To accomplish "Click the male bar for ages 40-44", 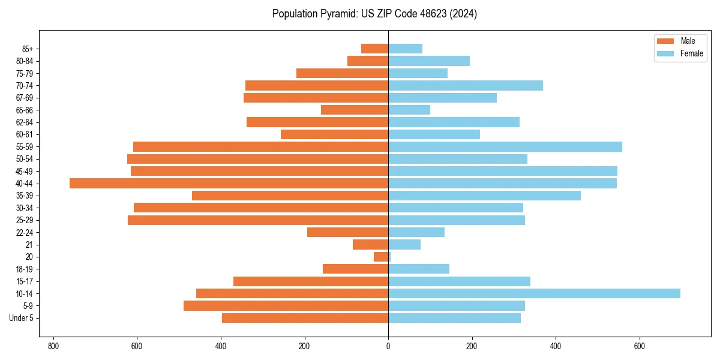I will click(229, 184).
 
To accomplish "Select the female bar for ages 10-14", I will click(534, 293).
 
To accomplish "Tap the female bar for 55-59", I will click(505, 147).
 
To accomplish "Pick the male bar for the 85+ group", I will click(375, 49).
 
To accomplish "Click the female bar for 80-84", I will click(429, 61).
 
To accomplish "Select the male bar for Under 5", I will click(305, 318).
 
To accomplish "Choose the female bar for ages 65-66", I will click(409, 110).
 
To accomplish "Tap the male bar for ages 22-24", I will click(347, 232).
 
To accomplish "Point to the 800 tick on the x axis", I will click(53, 346).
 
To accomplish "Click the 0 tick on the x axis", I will click(388, 346).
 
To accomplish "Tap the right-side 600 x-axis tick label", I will click(639, 346).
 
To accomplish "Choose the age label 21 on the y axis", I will click(29, 245).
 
